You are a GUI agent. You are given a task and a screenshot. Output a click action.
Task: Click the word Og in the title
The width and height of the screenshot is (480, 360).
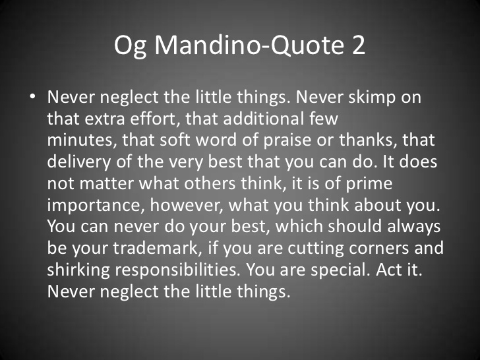(130, 46)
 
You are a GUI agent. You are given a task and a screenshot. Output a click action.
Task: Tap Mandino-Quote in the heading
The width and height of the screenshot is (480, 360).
(249, 45)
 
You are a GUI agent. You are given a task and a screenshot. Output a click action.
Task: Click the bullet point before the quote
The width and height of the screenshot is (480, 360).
(32, 97)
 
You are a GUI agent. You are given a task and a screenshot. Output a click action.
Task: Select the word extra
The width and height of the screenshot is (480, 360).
(105, 119)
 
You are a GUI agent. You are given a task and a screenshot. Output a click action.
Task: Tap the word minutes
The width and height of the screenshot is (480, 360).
(80, 140)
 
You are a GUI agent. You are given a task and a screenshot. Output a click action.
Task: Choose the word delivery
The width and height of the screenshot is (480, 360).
(78, 162)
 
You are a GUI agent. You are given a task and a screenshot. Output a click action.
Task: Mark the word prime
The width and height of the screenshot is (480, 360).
(369, 184)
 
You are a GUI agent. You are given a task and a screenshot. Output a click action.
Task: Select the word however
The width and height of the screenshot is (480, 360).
(187, 205)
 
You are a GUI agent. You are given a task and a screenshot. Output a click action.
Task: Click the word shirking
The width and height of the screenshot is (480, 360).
(78, 270)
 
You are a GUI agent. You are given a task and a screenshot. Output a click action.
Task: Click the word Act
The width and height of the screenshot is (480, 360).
(388, 270)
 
